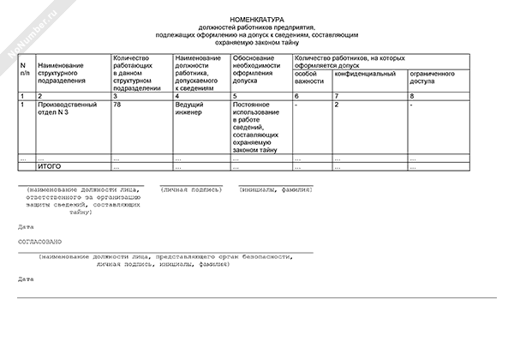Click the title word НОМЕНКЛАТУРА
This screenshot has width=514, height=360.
257,18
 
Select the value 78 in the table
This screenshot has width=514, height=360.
117,105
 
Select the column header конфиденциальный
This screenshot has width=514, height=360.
364,75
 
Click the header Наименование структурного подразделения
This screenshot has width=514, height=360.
62,74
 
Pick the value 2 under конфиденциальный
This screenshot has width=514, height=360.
336,105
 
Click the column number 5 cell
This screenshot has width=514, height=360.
235,96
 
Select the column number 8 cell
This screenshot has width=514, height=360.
412,96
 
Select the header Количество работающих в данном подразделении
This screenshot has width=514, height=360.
137,73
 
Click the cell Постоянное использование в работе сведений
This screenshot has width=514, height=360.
257,127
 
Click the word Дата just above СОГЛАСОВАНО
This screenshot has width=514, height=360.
26,226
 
